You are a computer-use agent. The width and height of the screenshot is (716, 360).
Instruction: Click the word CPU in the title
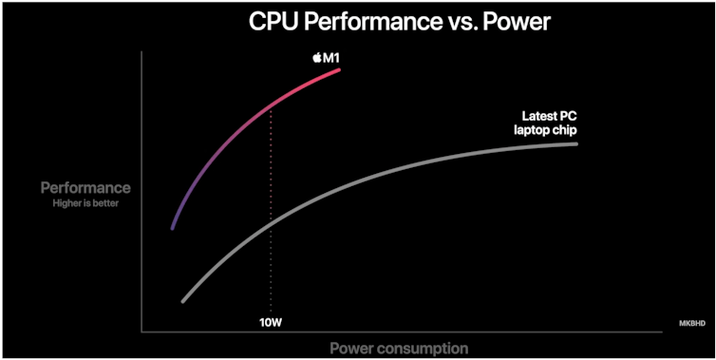(x=275, y=20)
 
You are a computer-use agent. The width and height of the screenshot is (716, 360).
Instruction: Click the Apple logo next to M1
(x=316, y=58)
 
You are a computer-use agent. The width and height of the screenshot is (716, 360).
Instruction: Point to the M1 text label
(x=330, y=58)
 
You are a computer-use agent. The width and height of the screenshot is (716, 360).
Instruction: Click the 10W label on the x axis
(x=272, y=321)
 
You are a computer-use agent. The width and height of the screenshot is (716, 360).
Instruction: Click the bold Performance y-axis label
(x=85, y=188)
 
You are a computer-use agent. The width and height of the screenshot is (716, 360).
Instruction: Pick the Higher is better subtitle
(x=85, y=202)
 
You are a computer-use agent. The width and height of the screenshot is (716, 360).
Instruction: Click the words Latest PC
(x=551, y=116)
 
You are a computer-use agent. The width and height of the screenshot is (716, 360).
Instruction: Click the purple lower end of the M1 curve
(x=172, y=228)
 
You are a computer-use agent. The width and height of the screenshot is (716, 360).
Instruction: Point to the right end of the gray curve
(x=576, y=143)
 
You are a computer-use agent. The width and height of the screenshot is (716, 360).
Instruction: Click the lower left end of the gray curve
(x=182, y=301)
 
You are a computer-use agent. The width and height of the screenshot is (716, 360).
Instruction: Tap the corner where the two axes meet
(x=141, y=332)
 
